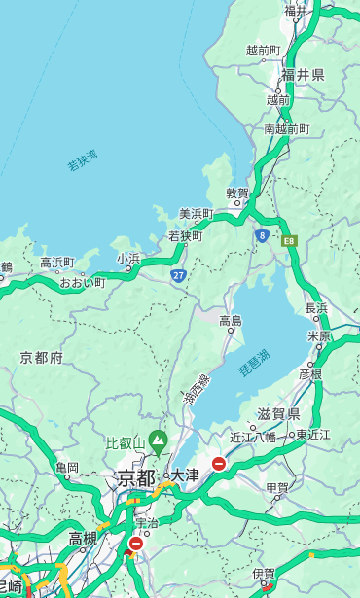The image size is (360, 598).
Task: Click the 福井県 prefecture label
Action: point(303,75)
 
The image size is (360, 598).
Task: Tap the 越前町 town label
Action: point(263,50)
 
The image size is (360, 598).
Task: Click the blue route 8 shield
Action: point(262,235)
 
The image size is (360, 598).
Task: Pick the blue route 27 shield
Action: point(179,275)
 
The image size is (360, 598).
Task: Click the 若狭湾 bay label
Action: point(83,161)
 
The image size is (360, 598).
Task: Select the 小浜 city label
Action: point(128,258)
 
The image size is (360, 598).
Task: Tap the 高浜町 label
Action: point(57,262)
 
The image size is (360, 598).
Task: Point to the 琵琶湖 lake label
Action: point(254,363)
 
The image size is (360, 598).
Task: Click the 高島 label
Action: point(231,320)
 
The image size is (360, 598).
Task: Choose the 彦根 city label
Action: point(309,373)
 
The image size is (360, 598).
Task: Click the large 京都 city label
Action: point(136,477)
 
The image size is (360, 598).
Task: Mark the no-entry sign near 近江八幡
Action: point(219,464)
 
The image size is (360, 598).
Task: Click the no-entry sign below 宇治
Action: point(135,544)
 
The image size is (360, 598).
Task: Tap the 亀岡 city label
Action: point(67,468)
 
